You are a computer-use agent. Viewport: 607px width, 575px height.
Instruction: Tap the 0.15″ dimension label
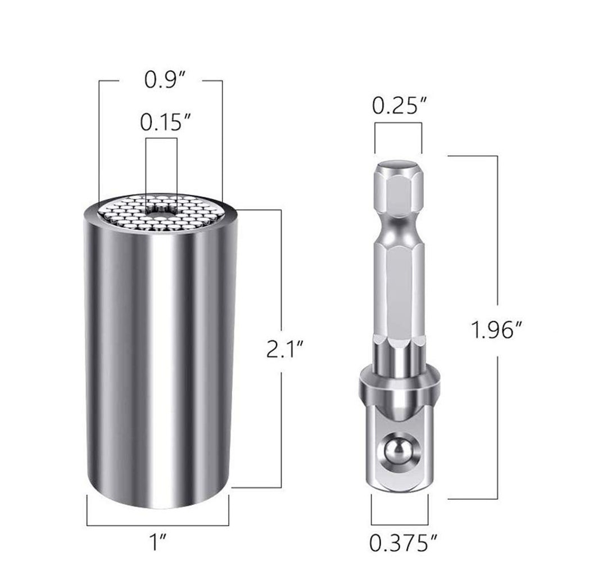click(161, 123)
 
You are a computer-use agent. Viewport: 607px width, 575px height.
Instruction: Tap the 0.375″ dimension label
click(403, 543)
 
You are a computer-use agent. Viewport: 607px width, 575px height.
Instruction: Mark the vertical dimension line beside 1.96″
click(497, 253)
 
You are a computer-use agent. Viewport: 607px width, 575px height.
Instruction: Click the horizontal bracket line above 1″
click(158, 526)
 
